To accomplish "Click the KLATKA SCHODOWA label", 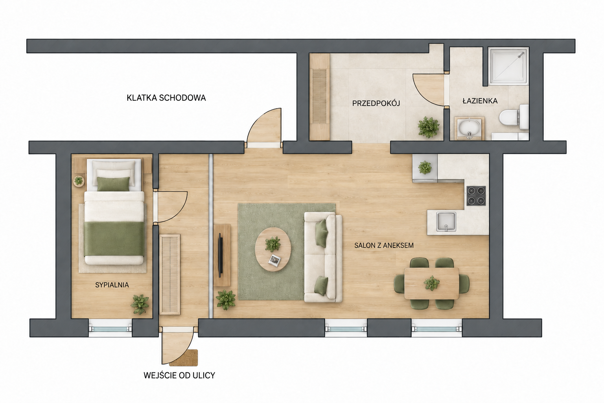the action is point(166,98).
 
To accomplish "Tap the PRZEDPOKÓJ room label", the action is point(376,103).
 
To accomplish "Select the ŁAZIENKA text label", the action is point(480,101).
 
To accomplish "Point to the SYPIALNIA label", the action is point(112,285).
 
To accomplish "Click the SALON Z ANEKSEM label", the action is point(384,245).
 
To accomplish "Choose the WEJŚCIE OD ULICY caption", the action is point(179,375).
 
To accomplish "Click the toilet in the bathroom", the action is point(514,117).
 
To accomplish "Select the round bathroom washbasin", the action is point(469,128).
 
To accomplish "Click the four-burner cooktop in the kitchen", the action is point(477,196).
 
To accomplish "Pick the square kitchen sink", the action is point(446,222).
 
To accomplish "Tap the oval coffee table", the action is point(273,249).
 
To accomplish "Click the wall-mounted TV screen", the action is point(220,255).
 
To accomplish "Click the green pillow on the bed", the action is point(113,184).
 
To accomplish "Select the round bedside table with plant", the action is point(79,181).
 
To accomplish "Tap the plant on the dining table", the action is point(431,283).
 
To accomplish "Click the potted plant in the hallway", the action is point(428,127).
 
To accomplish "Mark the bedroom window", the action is point(110,329).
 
